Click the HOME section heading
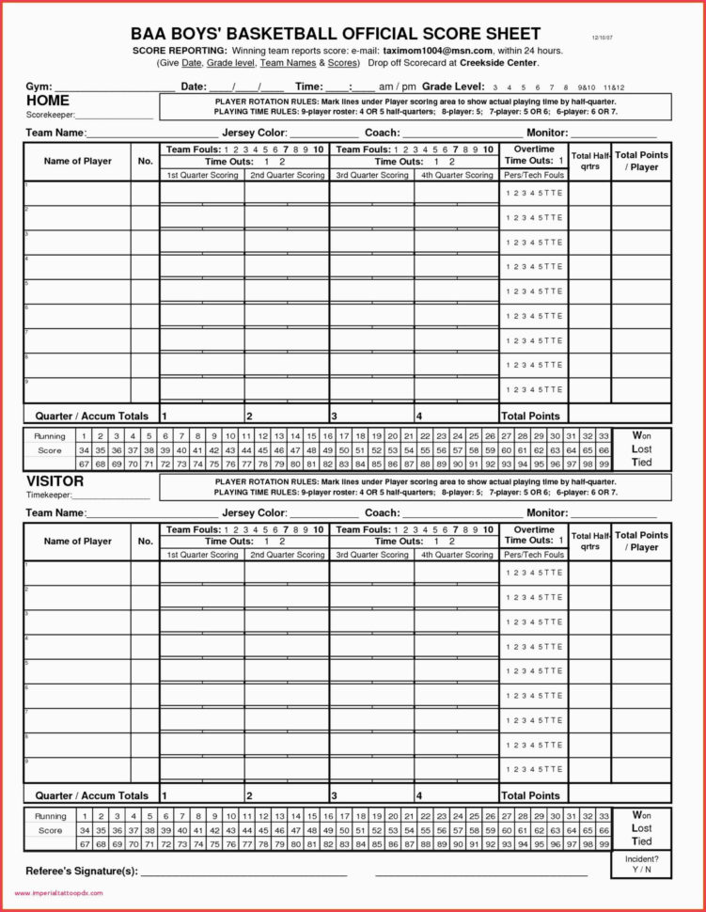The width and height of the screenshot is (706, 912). coord(48,101)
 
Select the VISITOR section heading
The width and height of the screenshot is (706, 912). coord(55,481)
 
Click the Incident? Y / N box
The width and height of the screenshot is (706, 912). coord(641,865)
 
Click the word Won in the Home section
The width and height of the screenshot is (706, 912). coord(641,436)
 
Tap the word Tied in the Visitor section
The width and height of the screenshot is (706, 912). coord(641,841)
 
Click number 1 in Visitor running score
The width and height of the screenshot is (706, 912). coord(84,816)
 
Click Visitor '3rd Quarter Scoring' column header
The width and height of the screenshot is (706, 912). coord(371,555)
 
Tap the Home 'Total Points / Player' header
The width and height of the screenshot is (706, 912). coord(641,161)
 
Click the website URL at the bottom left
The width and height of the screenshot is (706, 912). coord(57,894)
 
